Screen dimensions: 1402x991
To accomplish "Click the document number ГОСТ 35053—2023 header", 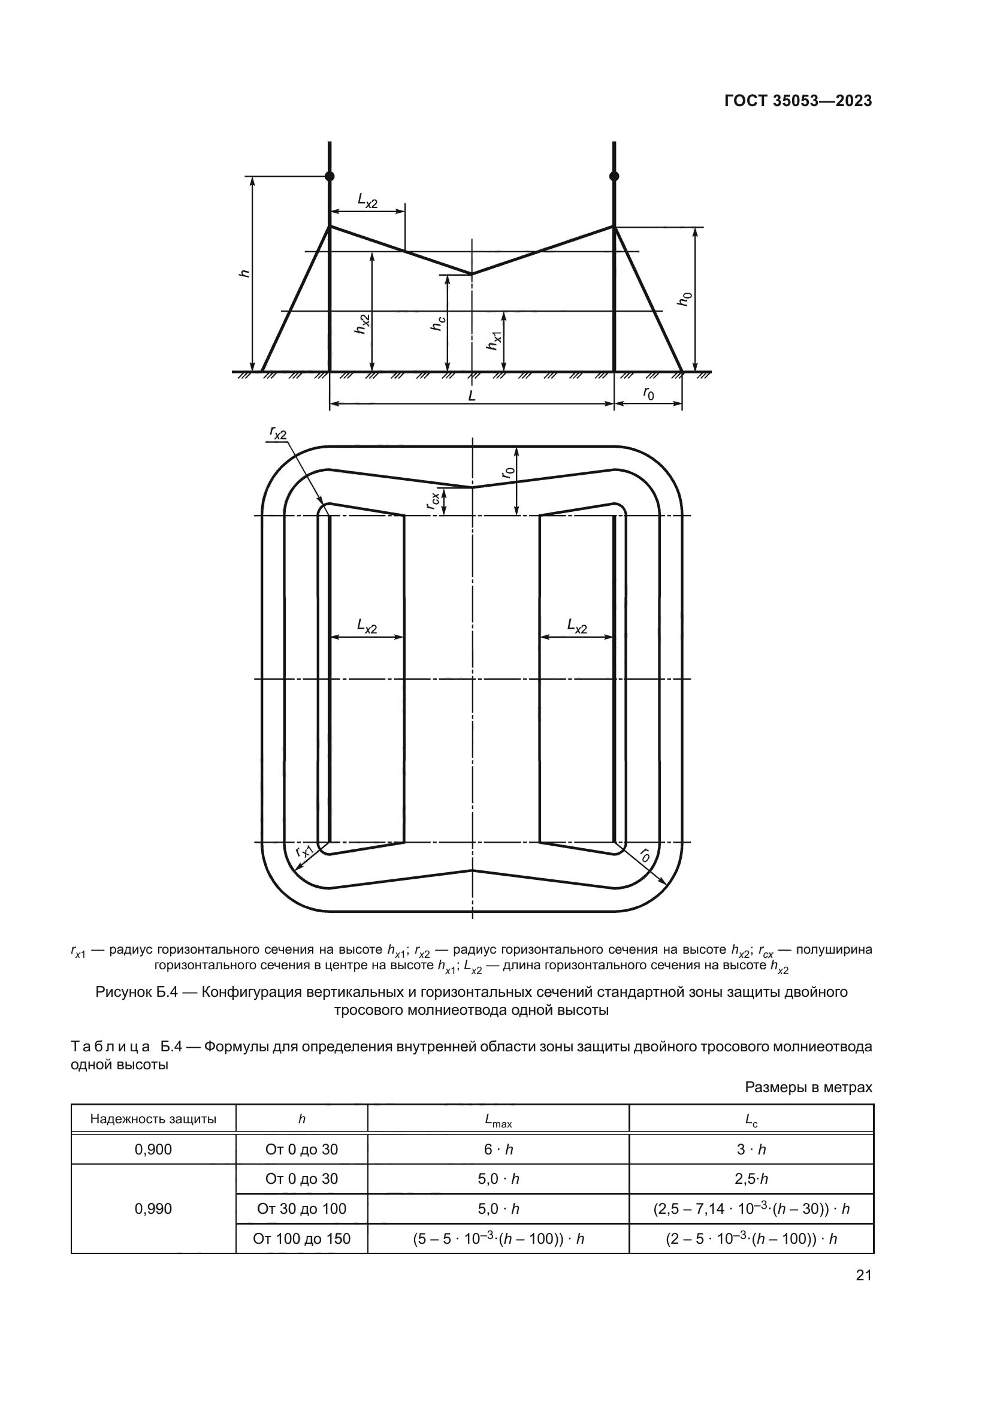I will click(797, 101).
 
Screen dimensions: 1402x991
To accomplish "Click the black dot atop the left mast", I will click(330, 176).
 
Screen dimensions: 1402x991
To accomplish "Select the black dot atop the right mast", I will click(614, 176).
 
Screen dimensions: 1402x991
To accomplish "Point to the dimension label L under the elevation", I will click(472, 396).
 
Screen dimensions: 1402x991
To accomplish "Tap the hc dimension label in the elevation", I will click(437, 322).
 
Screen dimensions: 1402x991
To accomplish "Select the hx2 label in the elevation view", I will click(362, 324).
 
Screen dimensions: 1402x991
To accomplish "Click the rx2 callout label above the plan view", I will click(278, 433).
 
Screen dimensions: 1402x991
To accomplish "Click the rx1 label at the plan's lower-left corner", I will click(304, 851).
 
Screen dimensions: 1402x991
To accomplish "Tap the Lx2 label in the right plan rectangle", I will click(576, 625).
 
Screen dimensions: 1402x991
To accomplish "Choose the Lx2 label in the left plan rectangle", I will click(367, 625).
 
